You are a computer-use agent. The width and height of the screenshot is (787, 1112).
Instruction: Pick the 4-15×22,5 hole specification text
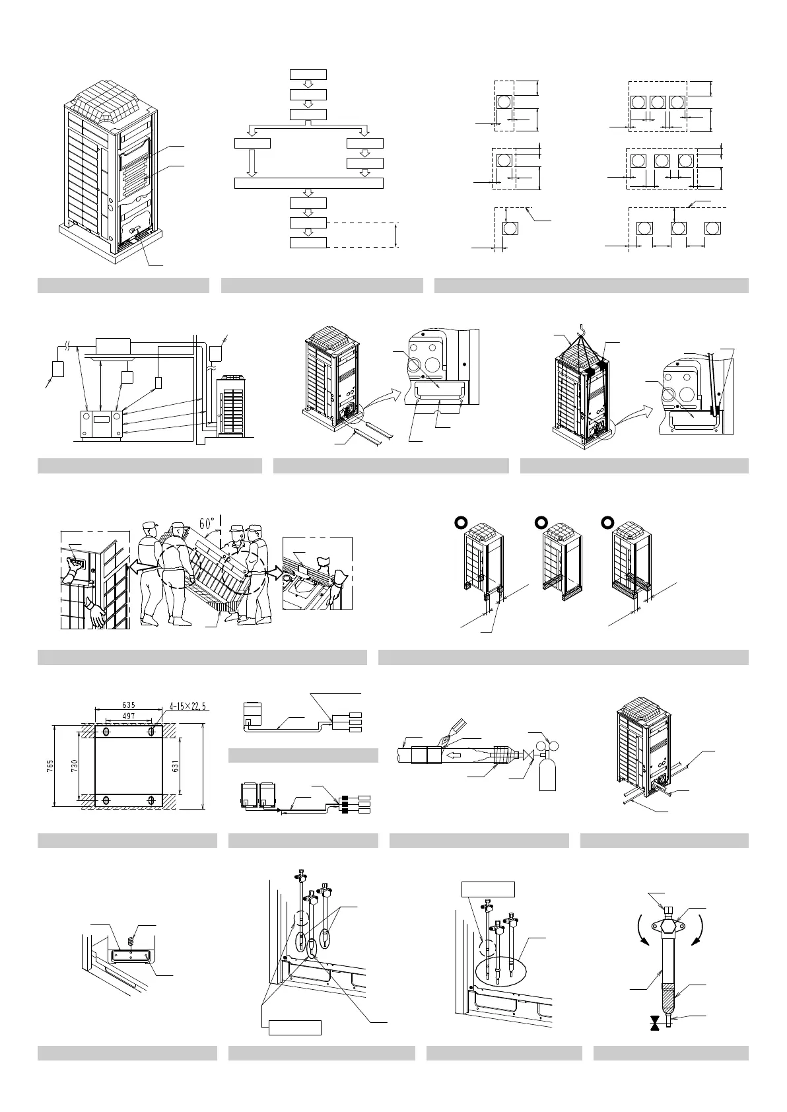coord(187,706)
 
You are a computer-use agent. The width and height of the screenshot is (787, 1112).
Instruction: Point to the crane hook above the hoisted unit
coord(582,327)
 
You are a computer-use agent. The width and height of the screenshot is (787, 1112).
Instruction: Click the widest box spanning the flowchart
coord(309,184)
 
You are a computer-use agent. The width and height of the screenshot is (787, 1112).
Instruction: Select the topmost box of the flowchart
coord(308,75)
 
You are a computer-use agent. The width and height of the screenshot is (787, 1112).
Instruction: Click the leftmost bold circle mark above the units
coord(460,522)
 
